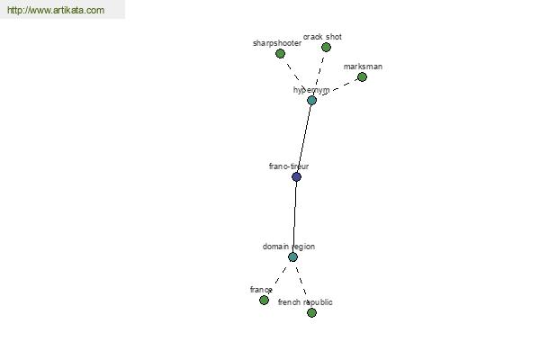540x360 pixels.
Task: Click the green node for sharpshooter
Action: pos(280,53)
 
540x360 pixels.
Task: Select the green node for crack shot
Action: pos(326,47)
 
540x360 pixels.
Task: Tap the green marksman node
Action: pos(362,76)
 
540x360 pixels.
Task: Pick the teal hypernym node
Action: pos(311,100)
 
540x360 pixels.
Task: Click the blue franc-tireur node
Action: pos(296,176)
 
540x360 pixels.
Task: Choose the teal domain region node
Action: pos(292,256)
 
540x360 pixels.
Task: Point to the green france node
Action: pos(264,300)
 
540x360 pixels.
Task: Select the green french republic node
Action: pos(311,312)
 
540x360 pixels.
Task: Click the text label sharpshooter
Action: pos(277,43)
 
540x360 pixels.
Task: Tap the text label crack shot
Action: pos(322,37)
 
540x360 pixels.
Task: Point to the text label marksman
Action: pos(363,67)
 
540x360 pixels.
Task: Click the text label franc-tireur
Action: pos(289,166)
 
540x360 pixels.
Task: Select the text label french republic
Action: pos(305,302)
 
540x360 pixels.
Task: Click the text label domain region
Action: pos(289,247)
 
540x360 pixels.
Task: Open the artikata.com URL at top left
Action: pos(56,10)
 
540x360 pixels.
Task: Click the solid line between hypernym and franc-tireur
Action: pos(304,139)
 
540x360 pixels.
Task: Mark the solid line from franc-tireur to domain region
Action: pos(295,217)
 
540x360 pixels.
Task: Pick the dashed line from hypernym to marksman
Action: pos(337,88)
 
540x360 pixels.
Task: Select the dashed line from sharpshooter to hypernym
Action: pos(296,76)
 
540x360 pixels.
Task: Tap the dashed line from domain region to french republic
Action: pos(302,284)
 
